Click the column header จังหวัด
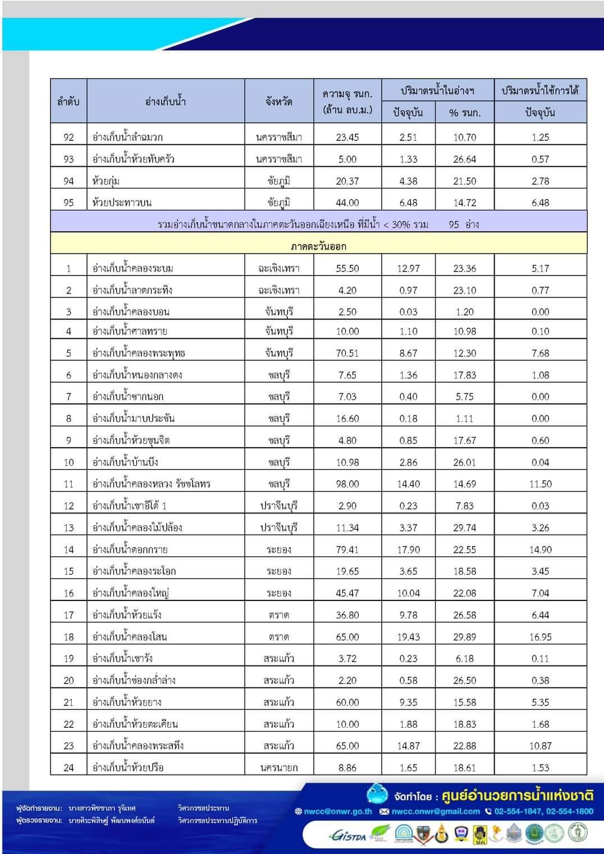(x=279, y=102)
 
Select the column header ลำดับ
(x=68, y=102)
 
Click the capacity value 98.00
(x=347, y=484)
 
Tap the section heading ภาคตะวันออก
(x=318, y=246)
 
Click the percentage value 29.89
(x=464, y=637)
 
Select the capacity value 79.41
(x=347, y=549)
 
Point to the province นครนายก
(x=279, y=768)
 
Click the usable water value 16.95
(x=540, y=637)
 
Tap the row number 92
(x=68, y=137)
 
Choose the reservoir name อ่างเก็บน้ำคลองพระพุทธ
(x=139, y=353)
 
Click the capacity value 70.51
(x=347, y=353)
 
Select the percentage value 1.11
(x=464, y=419)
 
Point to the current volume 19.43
(x=408, y=637)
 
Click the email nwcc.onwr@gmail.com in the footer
(x=435, y=811)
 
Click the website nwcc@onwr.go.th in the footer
(x=337, y=811)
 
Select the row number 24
(x=68, y=768)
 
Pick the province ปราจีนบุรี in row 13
(x=279, y=527)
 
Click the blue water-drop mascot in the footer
(x=377, y=793)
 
